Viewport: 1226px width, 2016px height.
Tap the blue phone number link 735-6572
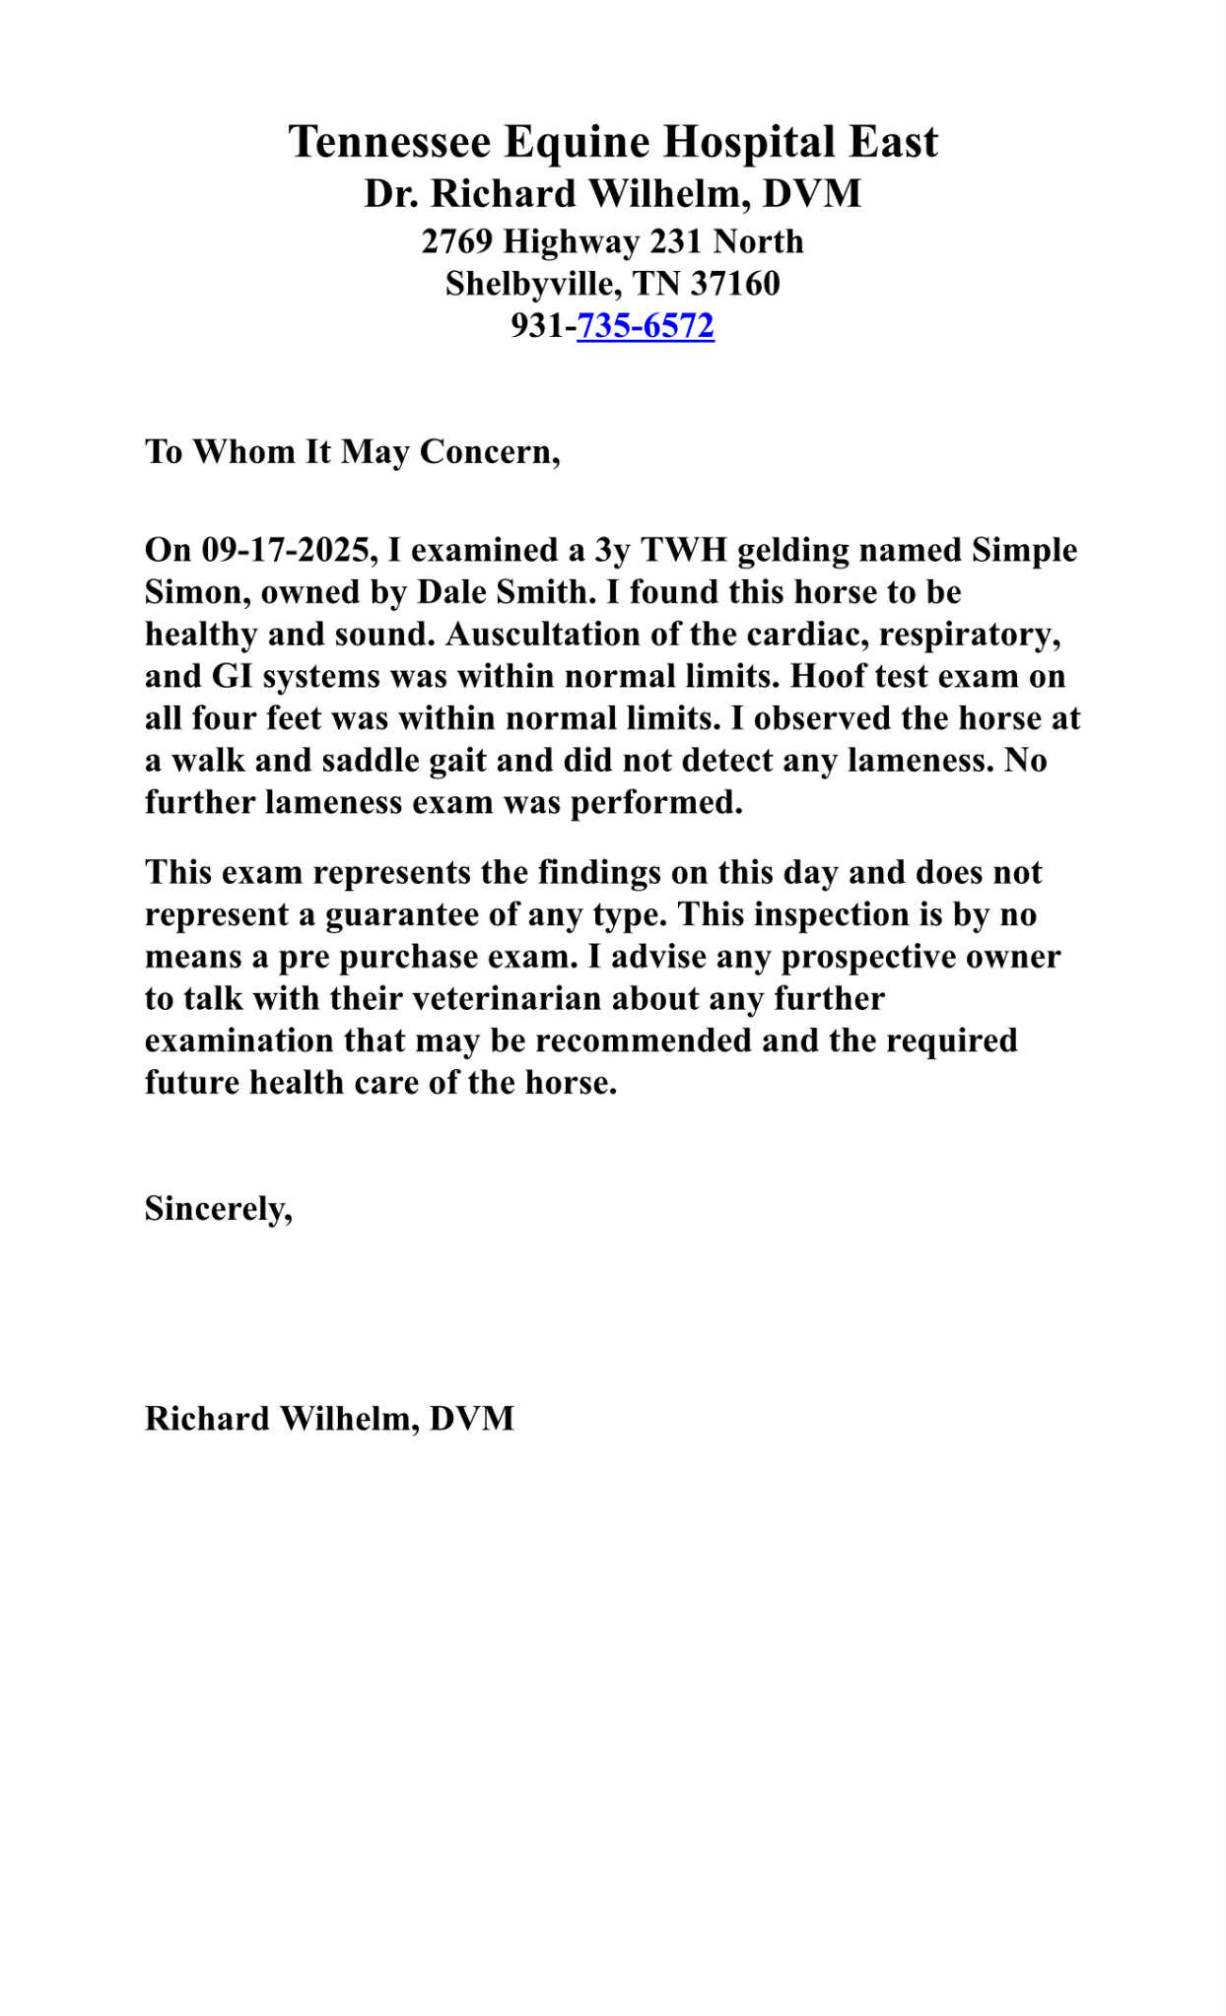(646, 325)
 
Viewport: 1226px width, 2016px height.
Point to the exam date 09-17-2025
(286, 550)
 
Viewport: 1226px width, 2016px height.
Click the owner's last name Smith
(541, 592)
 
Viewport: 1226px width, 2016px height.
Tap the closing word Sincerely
(217, 1208)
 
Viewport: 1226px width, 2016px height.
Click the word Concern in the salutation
(488, 452)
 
